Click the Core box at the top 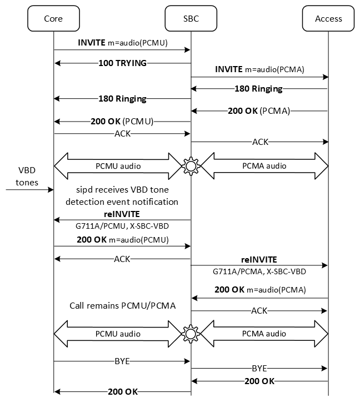53,19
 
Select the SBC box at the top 191,19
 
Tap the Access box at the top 328,19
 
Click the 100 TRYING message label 122,63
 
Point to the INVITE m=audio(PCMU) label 123,42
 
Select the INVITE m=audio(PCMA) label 259,69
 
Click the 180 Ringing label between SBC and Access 259,89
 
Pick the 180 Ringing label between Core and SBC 122,99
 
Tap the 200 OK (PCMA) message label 259,111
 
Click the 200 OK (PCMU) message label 122,121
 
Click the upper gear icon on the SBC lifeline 191,165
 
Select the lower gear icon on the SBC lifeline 191,334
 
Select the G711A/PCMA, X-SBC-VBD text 259,272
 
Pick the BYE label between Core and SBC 122,361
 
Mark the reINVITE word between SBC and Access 259,259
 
